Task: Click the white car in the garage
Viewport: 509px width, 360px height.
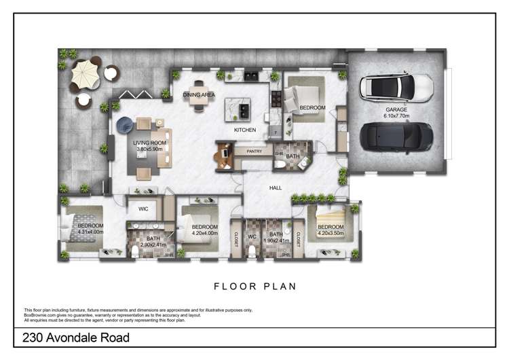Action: (x=396, y=86)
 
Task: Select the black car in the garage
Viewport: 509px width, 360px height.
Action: (x=396, y=136)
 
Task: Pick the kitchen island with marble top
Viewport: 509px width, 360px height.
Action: (x=238, y=107)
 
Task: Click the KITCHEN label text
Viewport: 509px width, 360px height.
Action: (x=244, y=129)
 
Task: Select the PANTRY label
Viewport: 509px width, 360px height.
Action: (x=254, y=151)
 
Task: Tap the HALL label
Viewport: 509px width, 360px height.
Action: (x=276, y=188)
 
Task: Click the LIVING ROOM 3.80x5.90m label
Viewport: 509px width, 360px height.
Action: (x=151, y=145)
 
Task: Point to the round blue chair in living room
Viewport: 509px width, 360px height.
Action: (x=126, y=124)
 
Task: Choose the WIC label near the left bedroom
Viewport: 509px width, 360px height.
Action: (x=143, y=209)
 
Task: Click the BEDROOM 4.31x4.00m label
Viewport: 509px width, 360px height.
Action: (x=90, y=229)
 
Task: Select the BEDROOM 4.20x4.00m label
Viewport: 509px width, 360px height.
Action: (x=204, y=230)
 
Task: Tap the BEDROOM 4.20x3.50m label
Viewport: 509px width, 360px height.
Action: (x=331, y=230)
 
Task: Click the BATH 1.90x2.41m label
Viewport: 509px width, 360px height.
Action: (x=276, y=237)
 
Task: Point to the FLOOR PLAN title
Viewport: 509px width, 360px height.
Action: (x=254, y=286)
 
